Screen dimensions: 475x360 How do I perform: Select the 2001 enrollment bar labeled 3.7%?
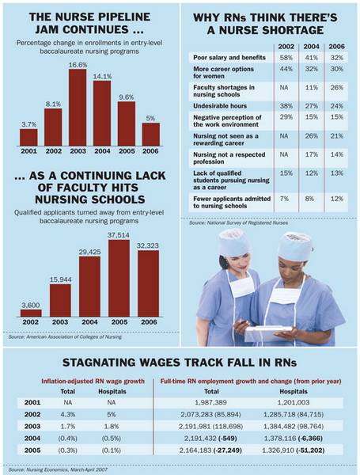[x=29, y=137]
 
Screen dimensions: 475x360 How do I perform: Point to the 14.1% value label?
[x=103, y=78]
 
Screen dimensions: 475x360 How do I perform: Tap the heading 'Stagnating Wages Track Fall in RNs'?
[x=180, y=366]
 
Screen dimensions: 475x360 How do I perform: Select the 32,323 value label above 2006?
[x=147, y=247]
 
